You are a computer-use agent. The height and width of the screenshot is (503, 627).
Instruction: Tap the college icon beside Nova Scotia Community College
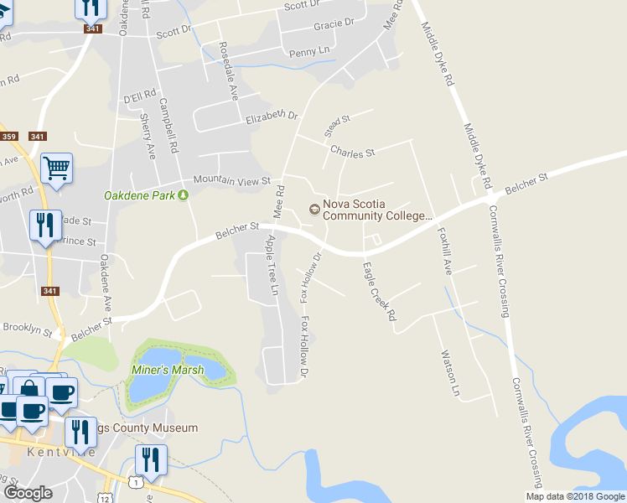point(314,209)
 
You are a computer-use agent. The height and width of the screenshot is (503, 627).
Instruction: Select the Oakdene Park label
point(139,195)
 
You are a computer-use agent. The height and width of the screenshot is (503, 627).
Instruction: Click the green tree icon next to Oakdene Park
point(184,195)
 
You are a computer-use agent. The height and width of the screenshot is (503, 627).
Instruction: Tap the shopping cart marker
point(56,168)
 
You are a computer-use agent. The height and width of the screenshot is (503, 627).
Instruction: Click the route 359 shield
point(9,137)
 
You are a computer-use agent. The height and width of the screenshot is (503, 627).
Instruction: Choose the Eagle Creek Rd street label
point(378,291)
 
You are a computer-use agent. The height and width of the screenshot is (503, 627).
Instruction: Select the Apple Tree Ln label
point(272,265)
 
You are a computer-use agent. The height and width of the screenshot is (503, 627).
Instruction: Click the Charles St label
point(352,153)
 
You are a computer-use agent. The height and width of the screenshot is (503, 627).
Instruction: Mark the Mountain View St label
point(231,180)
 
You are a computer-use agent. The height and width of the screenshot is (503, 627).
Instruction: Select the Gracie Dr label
point(334,24)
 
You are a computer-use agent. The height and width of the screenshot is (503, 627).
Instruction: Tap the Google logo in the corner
point(28,492)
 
